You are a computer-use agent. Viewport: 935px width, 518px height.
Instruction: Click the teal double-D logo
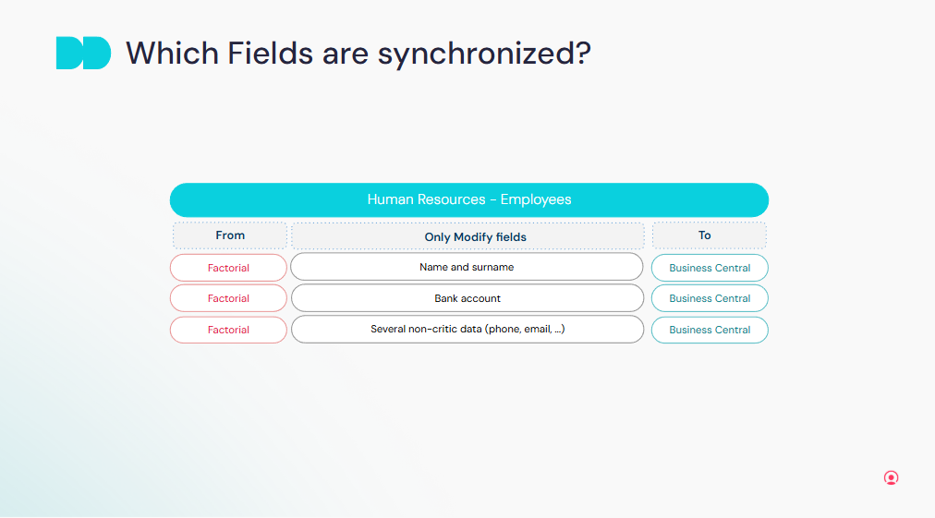click(x=83, y=53)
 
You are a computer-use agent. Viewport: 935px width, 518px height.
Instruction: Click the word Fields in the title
click(x=270, y=53)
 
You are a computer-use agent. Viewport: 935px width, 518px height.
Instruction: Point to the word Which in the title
click(x=173, y=53)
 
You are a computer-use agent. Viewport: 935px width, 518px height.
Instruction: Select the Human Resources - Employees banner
click(x=469, y=199)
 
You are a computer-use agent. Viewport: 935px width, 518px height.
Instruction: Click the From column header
click(x=230, y=235)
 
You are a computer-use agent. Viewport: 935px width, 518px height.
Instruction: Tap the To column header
click(x=710, y=235)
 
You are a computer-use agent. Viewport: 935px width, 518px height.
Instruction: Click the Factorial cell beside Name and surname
click(x=228, y=268)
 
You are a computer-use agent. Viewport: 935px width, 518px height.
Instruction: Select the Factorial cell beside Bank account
click(x=228, y=298)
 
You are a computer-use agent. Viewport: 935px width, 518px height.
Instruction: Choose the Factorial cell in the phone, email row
click(x=228, y=330)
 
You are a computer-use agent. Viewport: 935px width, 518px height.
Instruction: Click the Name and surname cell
click(x=467, y=267)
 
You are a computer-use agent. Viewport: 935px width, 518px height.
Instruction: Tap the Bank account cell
click(x=467, y=298)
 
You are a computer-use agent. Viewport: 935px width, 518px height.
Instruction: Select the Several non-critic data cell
click(x=467, y=329)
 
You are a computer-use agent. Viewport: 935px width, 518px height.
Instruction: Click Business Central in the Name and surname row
click(x=710, y=268)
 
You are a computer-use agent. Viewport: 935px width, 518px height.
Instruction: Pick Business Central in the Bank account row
click(x=710, y=298)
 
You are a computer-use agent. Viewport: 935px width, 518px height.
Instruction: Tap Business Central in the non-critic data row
click(x=710, y=330)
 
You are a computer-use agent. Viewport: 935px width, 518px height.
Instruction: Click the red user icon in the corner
click(x=891, y=478)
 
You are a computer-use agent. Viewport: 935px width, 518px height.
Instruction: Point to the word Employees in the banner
click(x=536, y=199)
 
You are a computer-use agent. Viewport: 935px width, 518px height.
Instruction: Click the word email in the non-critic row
click(x=538, y=329)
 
